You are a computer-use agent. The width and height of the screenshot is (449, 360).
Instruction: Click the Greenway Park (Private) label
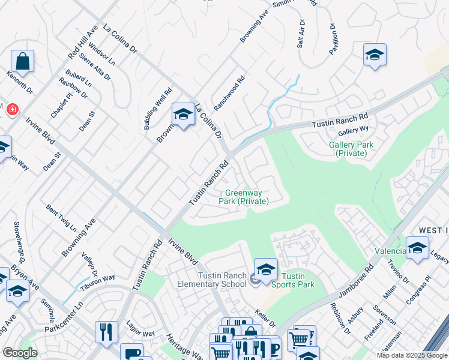(x=247, y=197)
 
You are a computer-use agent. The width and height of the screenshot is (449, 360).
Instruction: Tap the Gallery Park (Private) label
(x=351, y=149)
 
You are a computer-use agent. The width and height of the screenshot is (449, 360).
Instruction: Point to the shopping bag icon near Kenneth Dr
(x=22, y=61)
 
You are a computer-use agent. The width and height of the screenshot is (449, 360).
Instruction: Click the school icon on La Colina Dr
(x=182, y=113)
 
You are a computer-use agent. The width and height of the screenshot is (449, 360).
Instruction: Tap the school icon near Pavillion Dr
(x=374, y=55)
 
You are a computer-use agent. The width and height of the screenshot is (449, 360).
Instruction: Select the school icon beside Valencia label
(x=417, y=247)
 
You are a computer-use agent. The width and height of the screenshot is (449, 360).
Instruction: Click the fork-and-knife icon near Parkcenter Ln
(x=106, y=332)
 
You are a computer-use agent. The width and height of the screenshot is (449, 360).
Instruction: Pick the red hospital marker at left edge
(x=11, y=109)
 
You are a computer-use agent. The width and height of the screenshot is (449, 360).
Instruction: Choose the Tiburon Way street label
(x=98, y=279)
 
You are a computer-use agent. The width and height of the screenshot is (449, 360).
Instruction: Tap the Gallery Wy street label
(x=354, y=130)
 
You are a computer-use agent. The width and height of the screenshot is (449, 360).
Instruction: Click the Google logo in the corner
(x=20, y=353)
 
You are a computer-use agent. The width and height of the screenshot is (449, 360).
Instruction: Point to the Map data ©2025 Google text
(x=411, y=355)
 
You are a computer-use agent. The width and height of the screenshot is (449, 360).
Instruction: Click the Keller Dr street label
(x=265, y=317)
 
